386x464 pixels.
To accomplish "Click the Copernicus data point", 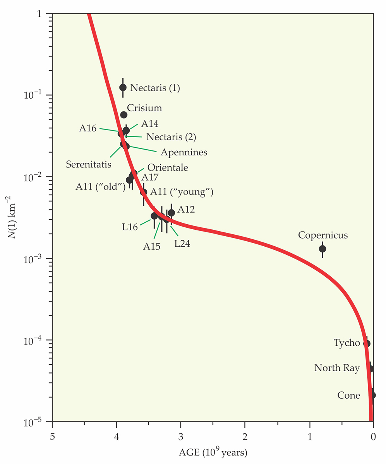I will [322, 249].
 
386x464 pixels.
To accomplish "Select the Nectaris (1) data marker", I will [123, 87].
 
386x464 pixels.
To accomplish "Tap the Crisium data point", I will [124, 115].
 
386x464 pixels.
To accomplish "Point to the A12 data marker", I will [171, 213].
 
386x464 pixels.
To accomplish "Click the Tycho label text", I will [347, 343].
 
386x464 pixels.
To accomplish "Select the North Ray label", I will [337, 368].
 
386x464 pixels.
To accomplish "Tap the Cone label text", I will [349, 395].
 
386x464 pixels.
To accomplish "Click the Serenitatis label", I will [89, 164].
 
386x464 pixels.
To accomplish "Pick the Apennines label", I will [182, 152].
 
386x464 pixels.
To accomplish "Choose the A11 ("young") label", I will [182, 191].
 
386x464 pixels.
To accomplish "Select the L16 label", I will [130, 227].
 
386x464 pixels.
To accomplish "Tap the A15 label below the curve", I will [152, 246].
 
